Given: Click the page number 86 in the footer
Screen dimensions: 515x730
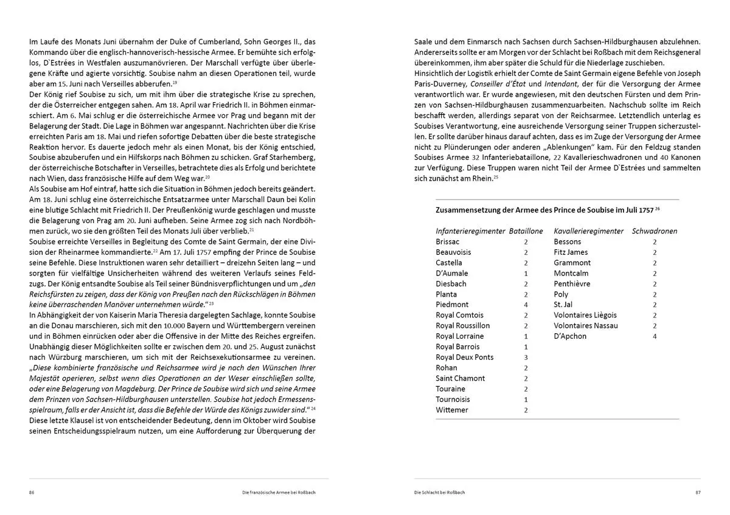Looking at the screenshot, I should [32, 492].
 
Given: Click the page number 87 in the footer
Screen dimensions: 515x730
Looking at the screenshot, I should [697, 492].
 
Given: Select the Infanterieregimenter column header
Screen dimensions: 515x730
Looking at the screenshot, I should [470, 231].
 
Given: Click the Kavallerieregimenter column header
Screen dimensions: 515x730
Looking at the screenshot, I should [588, 231].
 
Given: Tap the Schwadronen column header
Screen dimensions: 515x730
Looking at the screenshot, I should [655, 231].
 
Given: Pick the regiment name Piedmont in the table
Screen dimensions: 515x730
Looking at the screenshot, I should [452, 305].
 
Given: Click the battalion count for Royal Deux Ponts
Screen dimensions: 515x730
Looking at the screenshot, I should [526, 358].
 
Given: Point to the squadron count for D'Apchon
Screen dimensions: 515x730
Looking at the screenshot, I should [655, 336].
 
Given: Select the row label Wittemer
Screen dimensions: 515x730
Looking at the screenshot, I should [452, 410].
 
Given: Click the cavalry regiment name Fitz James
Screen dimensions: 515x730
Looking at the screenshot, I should [571, 252].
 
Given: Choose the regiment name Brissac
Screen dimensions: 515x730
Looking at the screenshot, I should [448, 242].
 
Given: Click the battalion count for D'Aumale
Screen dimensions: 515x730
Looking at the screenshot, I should [526, 274].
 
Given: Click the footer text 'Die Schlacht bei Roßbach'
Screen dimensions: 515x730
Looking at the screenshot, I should [440, 492].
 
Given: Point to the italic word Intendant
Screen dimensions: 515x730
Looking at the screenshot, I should [563, 83].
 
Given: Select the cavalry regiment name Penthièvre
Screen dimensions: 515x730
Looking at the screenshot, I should [571, 284].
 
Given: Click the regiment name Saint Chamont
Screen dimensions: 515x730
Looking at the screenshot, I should [461, 379].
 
